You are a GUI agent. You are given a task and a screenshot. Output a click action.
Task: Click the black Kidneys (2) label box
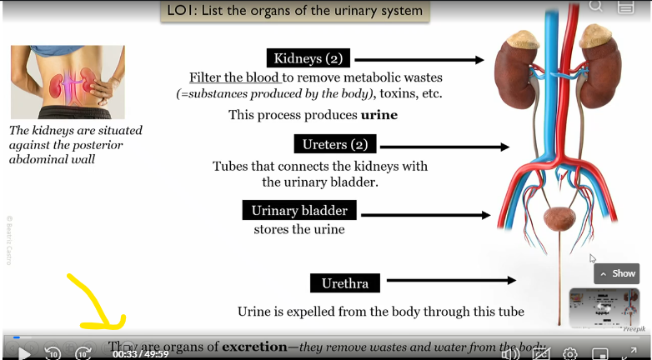pos(308,58)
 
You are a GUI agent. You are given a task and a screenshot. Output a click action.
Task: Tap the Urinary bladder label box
pos(299,211)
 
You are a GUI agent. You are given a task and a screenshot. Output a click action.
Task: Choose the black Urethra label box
pos(344,283)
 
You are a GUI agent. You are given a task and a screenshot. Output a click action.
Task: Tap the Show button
pos(617,273)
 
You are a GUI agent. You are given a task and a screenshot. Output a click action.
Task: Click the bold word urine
pos(379,115)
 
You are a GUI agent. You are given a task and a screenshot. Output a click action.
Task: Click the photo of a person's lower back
pos(68,82)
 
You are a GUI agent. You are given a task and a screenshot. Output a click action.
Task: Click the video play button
pos(24,353)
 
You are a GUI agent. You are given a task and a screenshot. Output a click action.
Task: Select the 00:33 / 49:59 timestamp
pos(141,353)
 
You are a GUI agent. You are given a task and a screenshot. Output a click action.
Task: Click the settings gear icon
pos(570,353)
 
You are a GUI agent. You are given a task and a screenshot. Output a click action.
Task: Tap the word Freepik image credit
pos(634,329)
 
